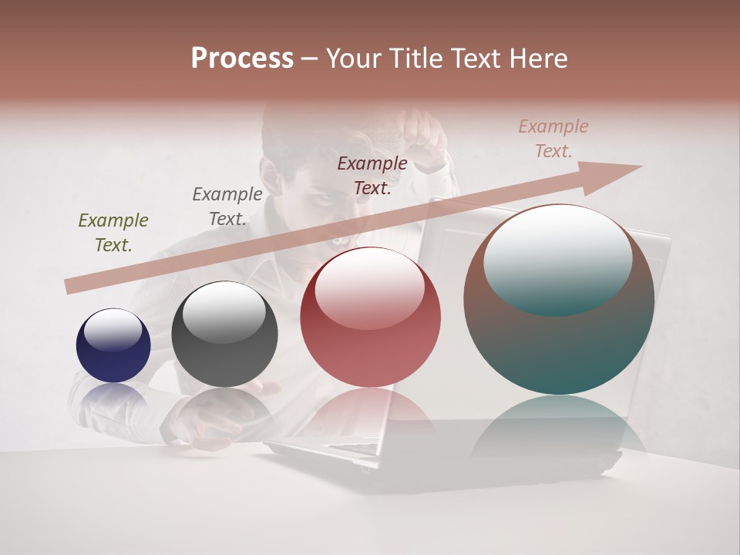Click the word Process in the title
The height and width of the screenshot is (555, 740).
coord(242,59)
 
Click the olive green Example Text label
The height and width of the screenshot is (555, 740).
coord(113,233)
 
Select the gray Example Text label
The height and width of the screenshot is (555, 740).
coord(227,207)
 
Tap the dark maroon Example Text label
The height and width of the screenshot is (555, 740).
coord(372,175)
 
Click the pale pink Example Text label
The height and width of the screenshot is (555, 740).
coord(553,139)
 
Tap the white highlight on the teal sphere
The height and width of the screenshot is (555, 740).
coord(558,258)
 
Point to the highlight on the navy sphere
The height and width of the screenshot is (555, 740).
coord(113,329)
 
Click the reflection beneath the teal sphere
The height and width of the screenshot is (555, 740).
coord(559,424)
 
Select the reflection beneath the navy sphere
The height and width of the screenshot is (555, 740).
coord(113,397)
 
